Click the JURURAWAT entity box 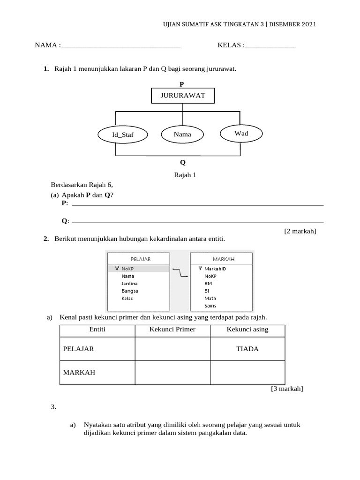click(183, 95)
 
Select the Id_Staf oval click(122, 135)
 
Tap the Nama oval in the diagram click(182, 135)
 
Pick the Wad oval click(241, 134)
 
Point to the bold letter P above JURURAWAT click(182, 84)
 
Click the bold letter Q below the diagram click(183, 163)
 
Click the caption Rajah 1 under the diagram click(185, 175)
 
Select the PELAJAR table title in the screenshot click(140, 259)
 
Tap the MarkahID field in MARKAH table click(215, 269)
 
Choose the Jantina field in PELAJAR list click(129, 284)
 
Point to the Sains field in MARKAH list click(210, 306)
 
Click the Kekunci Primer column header click(172, 330)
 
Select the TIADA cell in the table click(247, 349)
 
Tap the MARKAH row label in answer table click(79, 373)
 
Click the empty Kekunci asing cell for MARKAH click(247, 373)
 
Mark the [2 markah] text click(300, 231)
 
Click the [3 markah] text click(287, 389)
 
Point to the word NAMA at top click(45, 45)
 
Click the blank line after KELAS click(270, 46)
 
